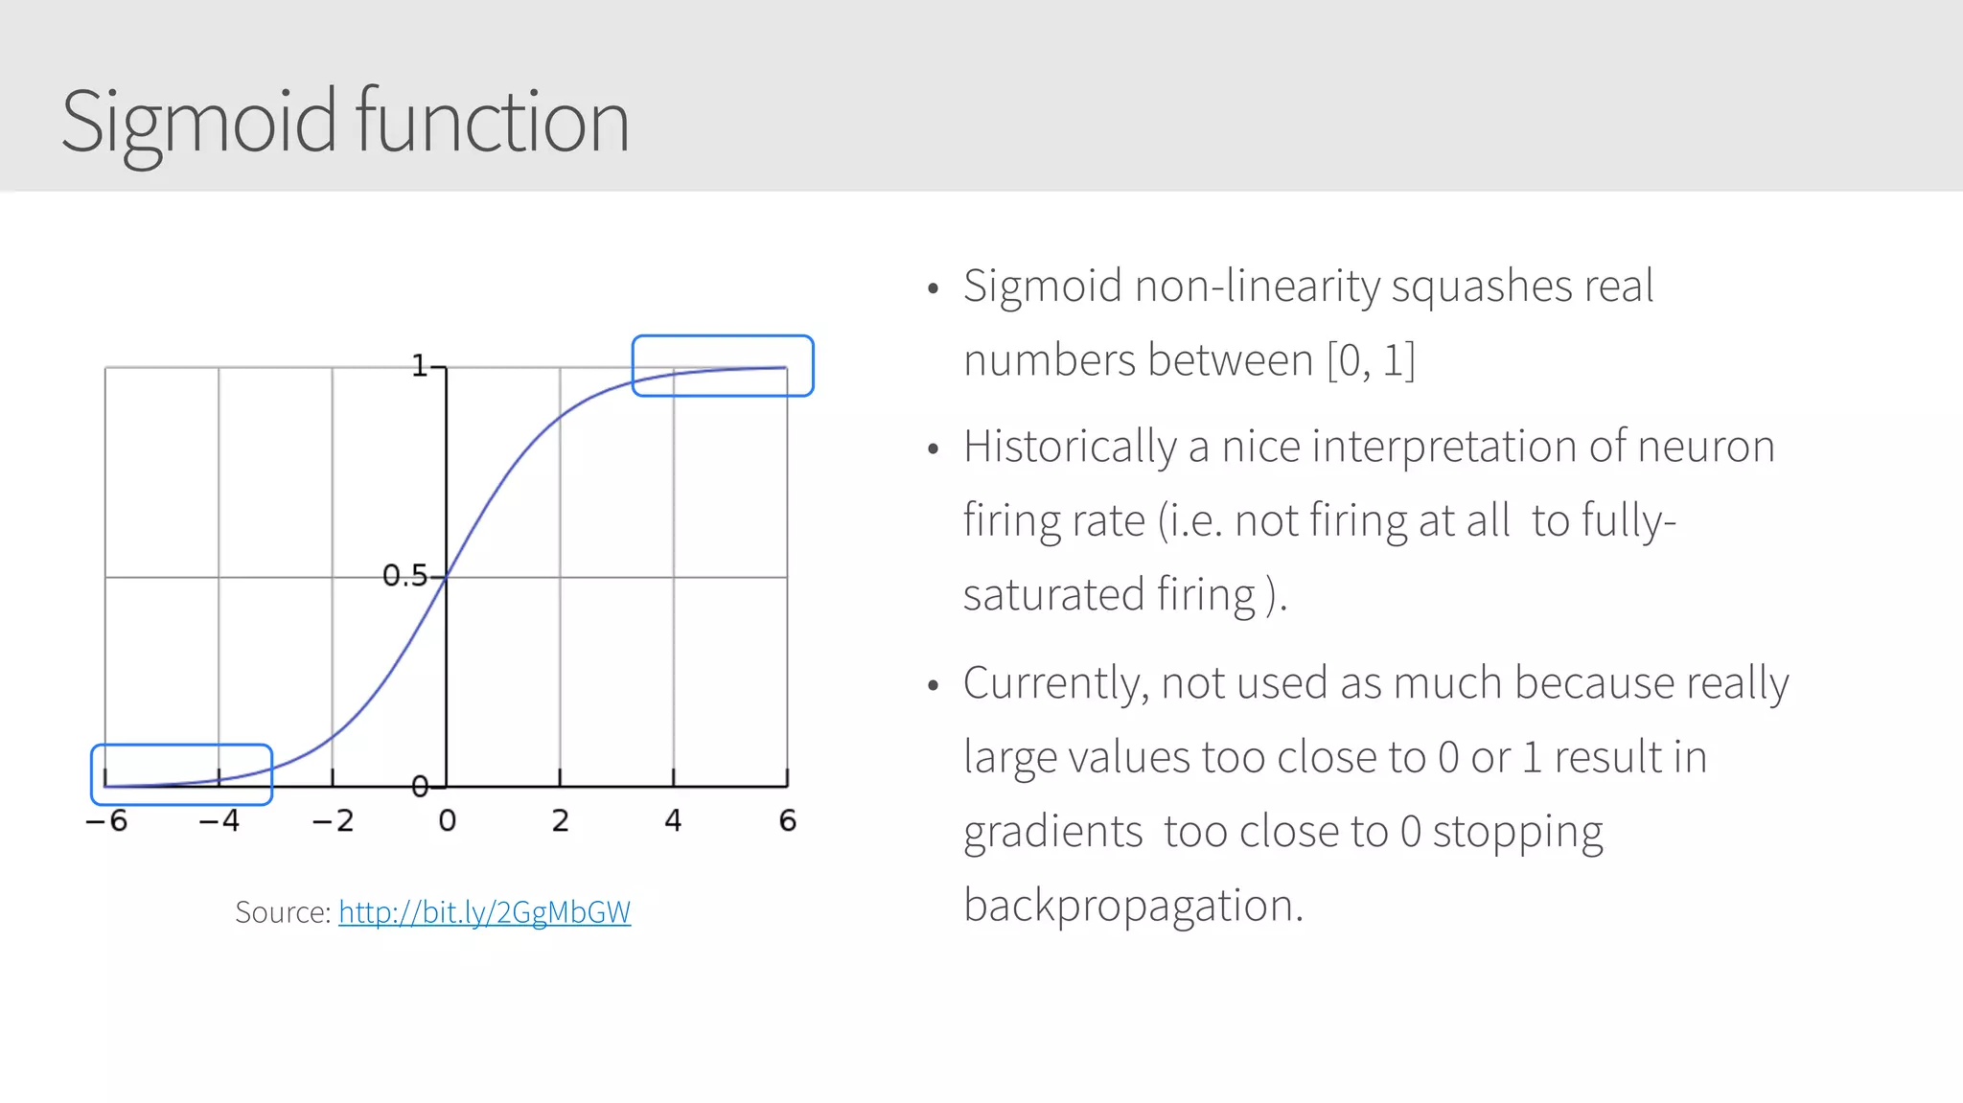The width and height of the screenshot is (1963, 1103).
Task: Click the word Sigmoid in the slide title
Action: [199, 123]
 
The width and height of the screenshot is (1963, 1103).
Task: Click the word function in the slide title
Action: [492, 121]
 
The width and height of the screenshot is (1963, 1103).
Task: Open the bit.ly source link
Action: [484, 912]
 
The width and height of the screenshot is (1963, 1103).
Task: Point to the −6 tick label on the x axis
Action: [106, 821]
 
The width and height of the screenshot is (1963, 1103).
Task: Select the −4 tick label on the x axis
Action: [219, 821]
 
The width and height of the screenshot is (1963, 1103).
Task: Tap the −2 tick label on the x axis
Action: [333, 821]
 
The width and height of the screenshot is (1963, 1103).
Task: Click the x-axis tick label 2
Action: [561, 821]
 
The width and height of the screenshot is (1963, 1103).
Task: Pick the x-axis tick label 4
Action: [674, 821]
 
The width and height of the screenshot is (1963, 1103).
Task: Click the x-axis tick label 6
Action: [788, 821]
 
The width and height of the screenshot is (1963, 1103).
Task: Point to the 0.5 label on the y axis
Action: [404, 576]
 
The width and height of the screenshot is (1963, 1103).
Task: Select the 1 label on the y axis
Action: [420, 366]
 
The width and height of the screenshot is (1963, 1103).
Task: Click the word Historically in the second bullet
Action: [1070, 448]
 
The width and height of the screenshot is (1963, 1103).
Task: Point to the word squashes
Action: [1481, 287]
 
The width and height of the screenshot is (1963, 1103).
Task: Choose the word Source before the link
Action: [282, 912]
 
